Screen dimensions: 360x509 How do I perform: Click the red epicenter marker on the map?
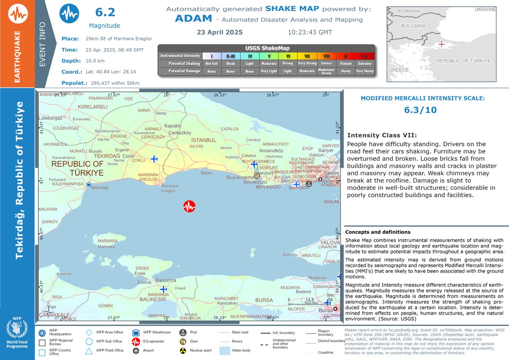[189, 207]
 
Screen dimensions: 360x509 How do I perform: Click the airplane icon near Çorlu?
[154, 159]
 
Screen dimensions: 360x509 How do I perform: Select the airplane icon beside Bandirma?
[163, 289]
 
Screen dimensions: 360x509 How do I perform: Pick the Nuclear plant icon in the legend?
[183, 351]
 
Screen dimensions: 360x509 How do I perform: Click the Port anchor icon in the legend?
[183, 332]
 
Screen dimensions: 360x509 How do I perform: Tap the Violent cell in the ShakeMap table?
[346, 63]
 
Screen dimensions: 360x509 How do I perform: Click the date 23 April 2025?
[219, 32]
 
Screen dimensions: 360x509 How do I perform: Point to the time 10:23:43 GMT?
[310, 32]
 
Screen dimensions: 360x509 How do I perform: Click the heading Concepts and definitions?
[378, 232]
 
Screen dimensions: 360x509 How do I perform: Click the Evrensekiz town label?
[81, 119]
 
